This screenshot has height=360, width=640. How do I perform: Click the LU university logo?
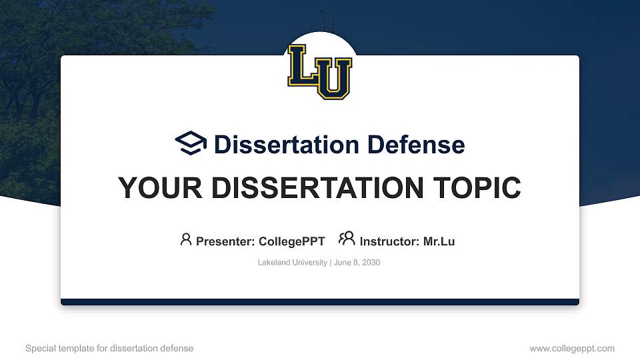click(319, 72)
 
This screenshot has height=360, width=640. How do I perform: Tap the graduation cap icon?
click(191, 143)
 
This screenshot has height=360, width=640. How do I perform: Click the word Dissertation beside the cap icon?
click(287, 145)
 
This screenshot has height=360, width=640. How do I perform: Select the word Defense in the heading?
click(416, 145)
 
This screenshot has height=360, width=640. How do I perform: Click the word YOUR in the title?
click(160, 188)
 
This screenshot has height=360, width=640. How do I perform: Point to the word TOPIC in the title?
click(477, 188)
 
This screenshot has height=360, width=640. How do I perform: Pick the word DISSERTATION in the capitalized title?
click(317, 188)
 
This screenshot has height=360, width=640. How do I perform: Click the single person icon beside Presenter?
click(186, 239)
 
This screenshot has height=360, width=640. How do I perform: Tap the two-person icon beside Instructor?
click(347, 239)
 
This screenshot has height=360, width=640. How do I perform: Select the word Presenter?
click(225, 241)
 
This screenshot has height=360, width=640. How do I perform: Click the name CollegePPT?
click(292, 241)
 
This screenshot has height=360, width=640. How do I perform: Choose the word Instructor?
click(389, 241)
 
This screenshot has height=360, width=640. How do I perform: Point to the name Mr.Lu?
click(439, 241)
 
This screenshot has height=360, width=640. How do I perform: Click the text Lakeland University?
click(292, 263)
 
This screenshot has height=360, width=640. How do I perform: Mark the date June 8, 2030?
click(357, 263)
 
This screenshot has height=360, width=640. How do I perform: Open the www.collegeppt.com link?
click(572, 349)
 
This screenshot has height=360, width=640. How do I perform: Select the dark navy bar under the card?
click(320, 302)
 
